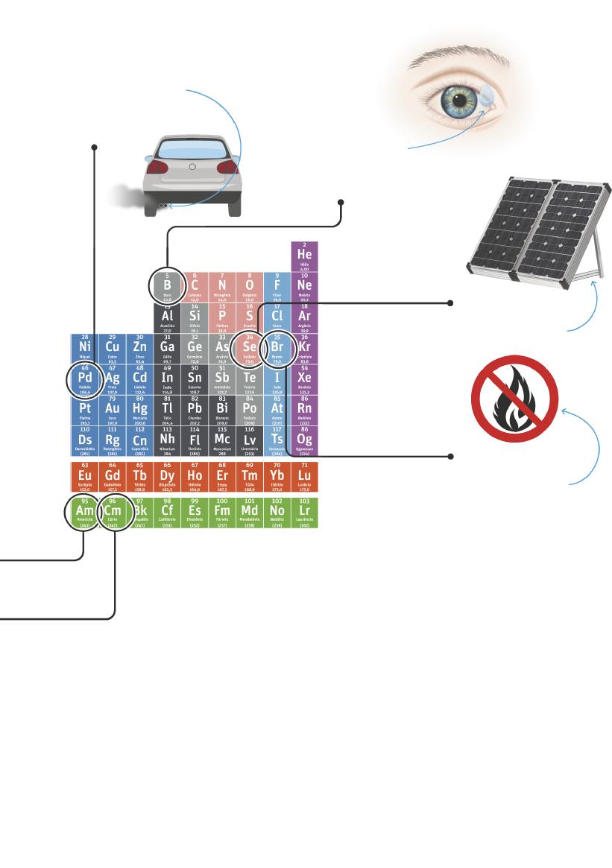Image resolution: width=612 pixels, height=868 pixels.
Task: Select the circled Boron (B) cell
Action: (x=167, y=285)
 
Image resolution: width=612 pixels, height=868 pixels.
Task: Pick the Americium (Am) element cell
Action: (x=84, y=511)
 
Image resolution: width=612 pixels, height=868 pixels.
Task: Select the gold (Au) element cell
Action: (x=112, y=411)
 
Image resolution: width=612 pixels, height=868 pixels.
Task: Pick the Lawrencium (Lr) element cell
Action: (x=304, y=511)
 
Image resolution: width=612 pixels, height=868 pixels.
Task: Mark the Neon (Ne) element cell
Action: (x=304, y=286)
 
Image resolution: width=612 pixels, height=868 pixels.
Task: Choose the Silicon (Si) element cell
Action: (x=195, y=317)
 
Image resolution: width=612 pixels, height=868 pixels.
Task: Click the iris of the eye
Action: (x=455, y=98)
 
